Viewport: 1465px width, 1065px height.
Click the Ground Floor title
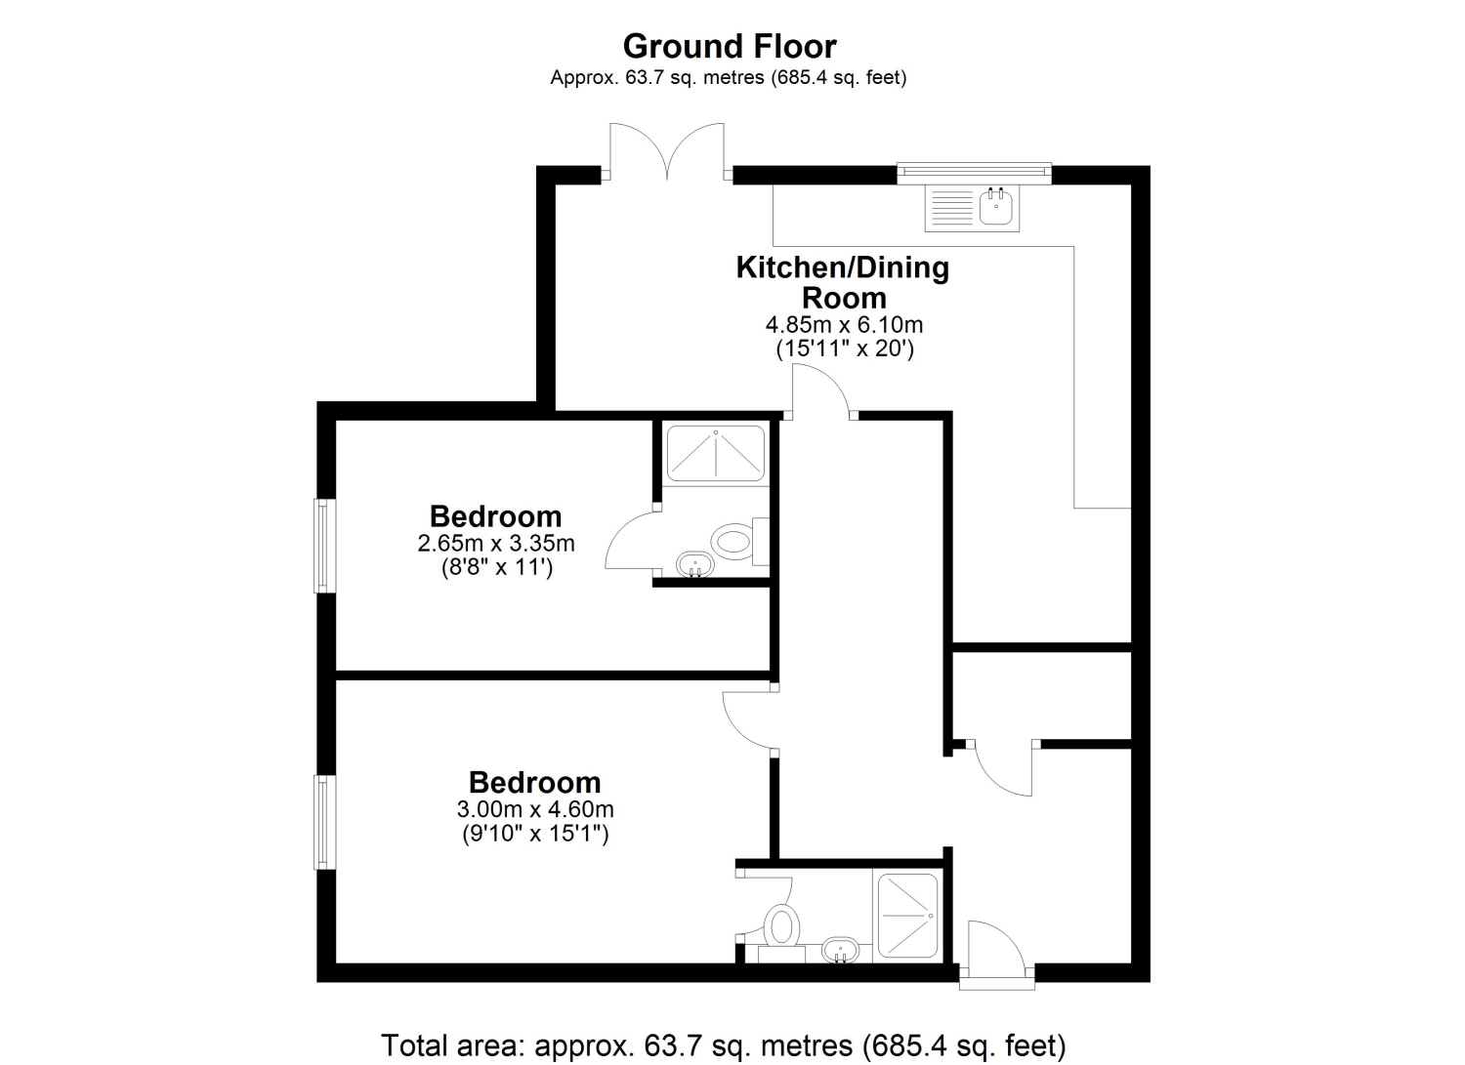tap(730, 47)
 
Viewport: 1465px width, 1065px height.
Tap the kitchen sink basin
tap(995, 207)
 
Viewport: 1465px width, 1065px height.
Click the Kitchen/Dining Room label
tap(843, 282)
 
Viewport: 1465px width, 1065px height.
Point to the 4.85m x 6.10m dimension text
tap(845, 324)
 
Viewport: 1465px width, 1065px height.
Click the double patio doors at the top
tap(667, 151)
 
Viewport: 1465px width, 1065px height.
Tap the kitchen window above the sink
tap(974, 173)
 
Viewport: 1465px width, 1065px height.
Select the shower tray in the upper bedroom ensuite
tap(716, 452)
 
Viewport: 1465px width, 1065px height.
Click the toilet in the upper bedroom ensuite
tap(739, 542)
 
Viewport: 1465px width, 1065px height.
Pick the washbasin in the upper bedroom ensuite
tap(694, 564)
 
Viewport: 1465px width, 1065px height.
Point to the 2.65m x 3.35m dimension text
tap(496, 544)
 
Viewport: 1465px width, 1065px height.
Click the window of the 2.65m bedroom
tap(325, 546)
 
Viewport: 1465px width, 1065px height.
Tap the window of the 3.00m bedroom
tap(325, 822)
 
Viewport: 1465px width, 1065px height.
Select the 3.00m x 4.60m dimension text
tap(535, 809)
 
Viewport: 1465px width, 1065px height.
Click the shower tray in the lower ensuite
tap(907, 916)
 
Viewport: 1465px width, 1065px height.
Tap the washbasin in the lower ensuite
tap(840, 950)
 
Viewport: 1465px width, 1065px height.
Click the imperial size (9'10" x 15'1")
tap(535, 834)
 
